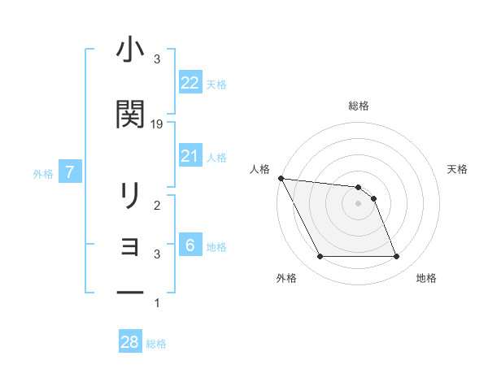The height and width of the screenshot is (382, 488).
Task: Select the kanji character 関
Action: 130,115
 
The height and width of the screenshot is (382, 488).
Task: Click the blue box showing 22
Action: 190,83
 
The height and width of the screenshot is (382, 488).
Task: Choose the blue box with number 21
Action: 190,156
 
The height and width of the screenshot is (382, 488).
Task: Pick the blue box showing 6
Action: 190,245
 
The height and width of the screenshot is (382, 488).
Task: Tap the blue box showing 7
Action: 71,172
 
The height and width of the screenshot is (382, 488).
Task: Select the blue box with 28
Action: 130,342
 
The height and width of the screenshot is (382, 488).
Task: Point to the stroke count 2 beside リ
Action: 157,206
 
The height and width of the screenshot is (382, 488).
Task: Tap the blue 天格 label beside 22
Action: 216,84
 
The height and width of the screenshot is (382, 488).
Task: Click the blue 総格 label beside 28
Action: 156,344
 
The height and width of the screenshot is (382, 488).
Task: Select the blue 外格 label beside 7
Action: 43,173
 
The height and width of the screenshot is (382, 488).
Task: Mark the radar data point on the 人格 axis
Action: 281,178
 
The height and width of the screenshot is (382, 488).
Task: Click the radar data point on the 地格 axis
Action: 397,257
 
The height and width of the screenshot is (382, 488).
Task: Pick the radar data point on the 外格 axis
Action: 320,257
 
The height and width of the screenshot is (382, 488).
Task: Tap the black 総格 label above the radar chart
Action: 359,106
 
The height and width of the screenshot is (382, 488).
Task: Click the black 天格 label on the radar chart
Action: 458,169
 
